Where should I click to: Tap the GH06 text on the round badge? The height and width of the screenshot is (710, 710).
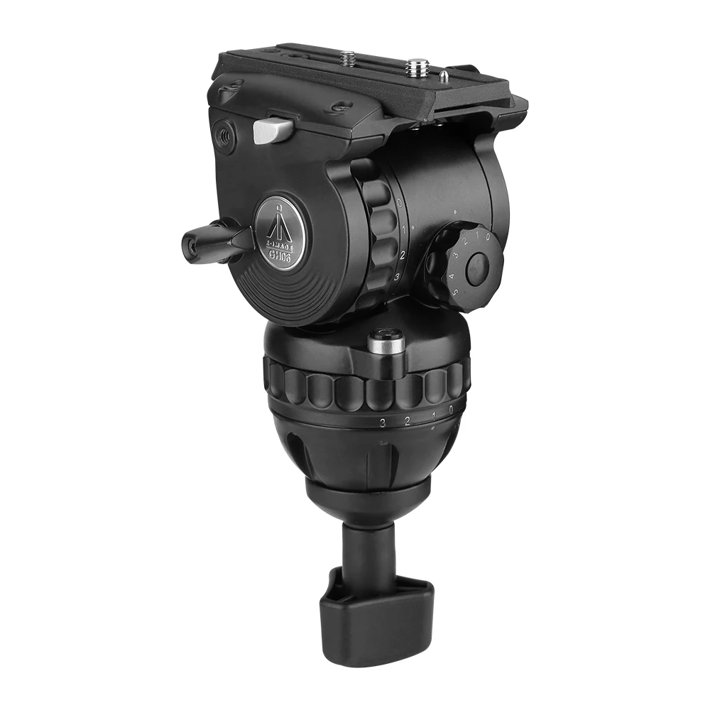tap(282, 246)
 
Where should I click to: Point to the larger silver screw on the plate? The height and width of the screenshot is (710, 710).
tap(414, 68)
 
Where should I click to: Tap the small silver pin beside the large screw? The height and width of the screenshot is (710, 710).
tap(442, 73)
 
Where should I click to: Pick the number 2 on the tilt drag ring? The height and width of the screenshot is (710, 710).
tap(403, 254)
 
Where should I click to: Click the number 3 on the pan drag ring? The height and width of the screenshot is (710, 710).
tap(383, 422)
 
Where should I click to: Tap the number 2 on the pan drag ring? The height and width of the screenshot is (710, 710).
tap(407, 422)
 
